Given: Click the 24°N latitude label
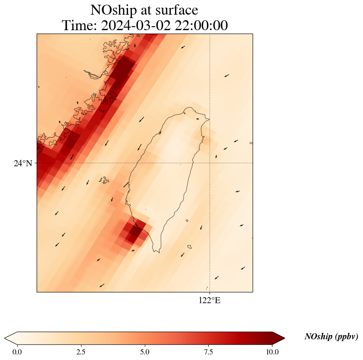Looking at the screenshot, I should coord(22,163).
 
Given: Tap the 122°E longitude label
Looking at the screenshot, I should coord(210,301).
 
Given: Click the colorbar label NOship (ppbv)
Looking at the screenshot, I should coord(331,337).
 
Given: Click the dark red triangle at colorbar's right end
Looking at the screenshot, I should coord(279,338).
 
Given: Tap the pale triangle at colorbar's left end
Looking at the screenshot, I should coord(11,338).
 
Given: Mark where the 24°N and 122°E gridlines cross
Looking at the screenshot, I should coord(210,163).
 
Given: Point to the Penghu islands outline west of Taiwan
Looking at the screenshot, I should coord(103,180).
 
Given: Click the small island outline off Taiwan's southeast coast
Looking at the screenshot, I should coord(189,247).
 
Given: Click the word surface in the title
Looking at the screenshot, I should coord(174,9).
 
